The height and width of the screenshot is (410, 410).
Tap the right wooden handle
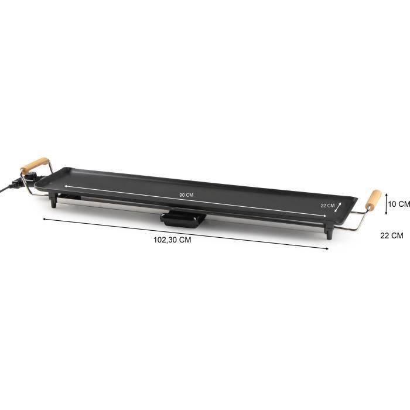click(x=374, y=200)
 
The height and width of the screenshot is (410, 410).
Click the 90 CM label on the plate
click(x=186, y=195)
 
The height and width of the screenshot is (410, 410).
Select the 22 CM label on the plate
click(x=327, y=206)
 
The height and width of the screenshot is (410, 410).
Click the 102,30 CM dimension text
click(x=172, y=240)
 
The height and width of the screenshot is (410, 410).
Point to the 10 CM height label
click(x=399, y=204)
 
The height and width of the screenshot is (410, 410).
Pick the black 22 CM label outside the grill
click(x=392, y=236)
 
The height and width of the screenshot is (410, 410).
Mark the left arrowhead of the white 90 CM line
click(x=66, y=186)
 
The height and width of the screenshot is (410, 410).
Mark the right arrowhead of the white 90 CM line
click(x=309, y=214)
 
